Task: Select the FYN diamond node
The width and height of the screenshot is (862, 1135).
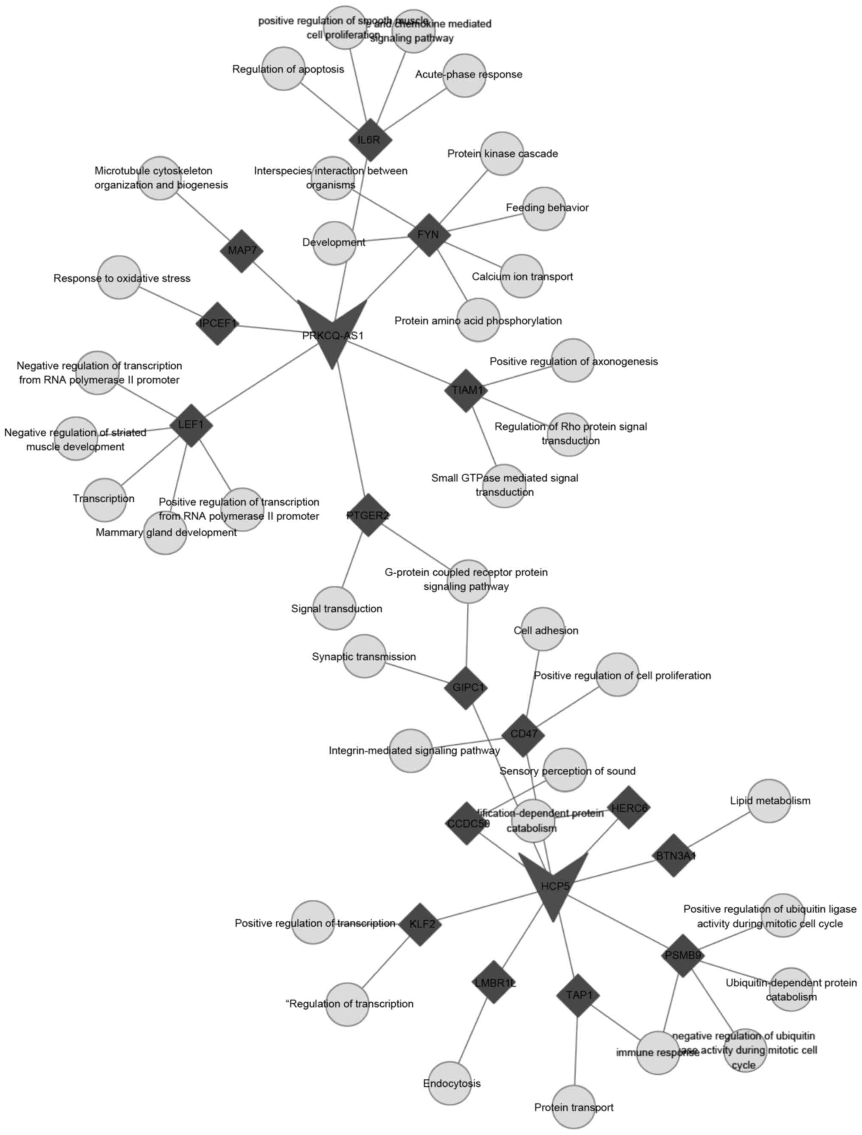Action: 429,235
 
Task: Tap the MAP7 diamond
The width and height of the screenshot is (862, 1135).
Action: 242,251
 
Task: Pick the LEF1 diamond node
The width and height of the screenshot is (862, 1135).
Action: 191,425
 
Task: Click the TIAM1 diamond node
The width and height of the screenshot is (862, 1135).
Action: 466,390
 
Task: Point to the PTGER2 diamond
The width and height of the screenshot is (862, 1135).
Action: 368,515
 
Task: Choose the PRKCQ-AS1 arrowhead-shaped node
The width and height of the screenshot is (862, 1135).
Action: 333,328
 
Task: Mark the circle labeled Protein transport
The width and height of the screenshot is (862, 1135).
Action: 573,1106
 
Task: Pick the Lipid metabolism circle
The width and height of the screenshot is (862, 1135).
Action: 769,801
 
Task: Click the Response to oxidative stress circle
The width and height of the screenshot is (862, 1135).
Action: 119,277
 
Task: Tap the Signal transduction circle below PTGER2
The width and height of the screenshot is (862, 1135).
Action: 334,608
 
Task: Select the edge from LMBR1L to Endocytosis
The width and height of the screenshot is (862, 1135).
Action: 472,1031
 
